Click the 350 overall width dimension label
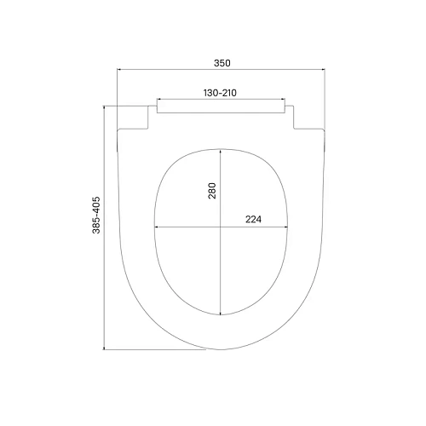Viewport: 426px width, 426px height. coord(222,62)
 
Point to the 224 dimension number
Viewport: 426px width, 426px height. coord(253,219)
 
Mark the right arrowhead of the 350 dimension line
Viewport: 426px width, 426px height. coord(326,70)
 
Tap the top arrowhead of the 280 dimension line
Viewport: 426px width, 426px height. coord(221,148)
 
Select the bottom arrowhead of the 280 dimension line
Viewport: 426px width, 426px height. coord(221,312)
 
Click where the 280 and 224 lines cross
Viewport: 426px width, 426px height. coord(221,227)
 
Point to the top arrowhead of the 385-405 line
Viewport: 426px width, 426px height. coord(104,106)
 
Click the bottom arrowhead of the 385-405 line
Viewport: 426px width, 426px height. coord(104,348)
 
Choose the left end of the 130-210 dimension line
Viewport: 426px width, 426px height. coord(159,99)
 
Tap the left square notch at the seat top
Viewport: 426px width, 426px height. coord(136,118)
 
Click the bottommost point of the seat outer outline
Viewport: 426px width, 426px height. coord(222,348)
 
